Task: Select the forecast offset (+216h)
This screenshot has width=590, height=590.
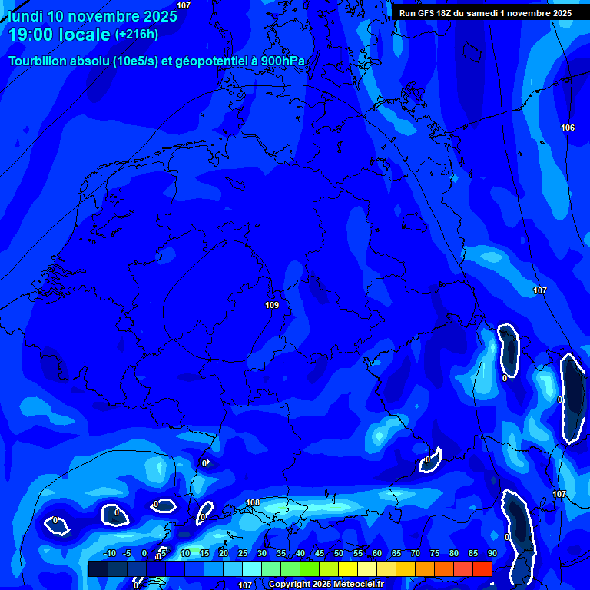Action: click(137, 35)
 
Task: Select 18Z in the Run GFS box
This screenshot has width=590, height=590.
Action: click(445, 13)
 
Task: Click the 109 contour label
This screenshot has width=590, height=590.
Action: click(271, 305)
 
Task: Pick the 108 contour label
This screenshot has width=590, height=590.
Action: click(253, 503)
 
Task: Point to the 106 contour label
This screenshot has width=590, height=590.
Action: click(568, 128)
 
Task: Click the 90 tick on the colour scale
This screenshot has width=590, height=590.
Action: click(492, 554)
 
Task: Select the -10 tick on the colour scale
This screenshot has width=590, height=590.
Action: click(109, 554)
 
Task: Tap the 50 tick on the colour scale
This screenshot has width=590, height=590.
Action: click(339, 554)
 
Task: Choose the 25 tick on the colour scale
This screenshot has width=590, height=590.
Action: click(243, 554)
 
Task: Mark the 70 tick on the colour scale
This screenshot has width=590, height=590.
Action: click(416, 554)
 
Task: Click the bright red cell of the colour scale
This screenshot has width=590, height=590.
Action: click(482, 568)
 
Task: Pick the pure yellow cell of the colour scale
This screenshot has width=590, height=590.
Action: click(347, 568)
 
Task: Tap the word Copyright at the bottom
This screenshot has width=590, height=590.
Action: click(290, 585)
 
